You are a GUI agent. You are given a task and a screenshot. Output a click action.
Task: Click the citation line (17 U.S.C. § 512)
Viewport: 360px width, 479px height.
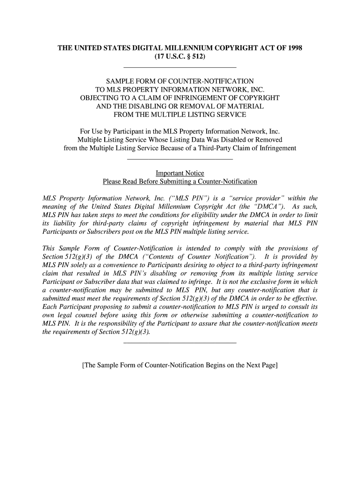180,57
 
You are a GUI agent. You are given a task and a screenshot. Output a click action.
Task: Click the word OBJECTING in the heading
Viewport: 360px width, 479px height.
100,98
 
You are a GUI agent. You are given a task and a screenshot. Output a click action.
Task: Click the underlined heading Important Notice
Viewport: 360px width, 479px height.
180,173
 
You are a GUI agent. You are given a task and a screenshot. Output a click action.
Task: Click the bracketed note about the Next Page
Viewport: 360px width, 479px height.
180,365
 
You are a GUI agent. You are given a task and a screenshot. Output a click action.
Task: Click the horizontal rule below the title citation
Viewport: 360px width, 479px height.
180,67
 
